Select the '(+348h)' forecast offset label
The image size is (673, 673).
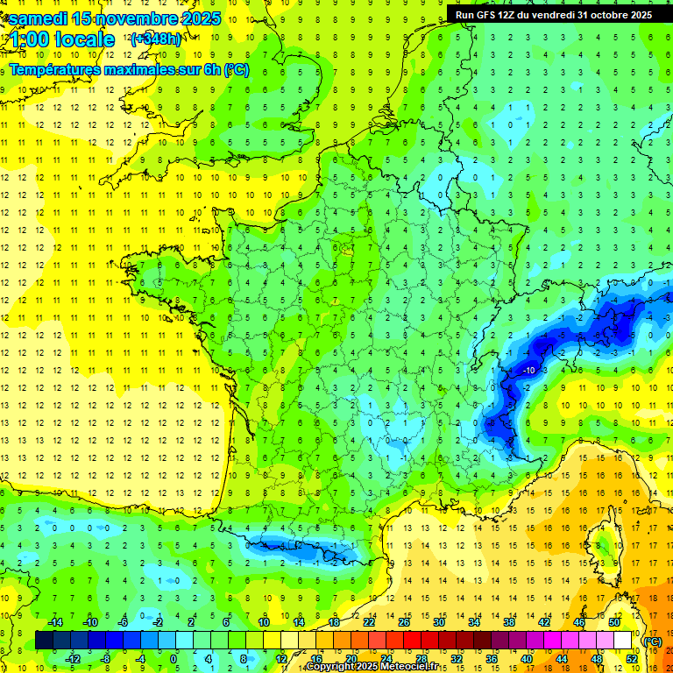(155, 39)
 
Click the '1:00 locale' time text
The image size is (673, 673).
(62, 39)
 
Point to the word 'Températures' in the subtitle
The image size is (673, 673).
(53, 69)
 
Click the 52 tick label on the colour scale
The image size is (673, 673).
(631, 658)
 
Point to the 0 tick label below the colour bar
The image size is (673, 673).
(174, 658)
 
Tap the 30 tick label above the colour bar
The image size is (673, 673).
(438, 622)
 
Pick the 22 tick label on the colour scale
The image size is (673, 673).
(369, 622)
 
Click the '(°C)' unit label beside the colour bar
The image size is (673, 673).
(653, 641)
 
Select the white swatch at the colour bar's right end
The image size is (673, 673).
(622, 641)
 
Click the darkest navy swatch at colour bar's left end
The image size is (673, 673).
(44, 641)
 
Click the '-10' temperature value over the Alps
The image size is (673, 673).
(528, 371)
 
